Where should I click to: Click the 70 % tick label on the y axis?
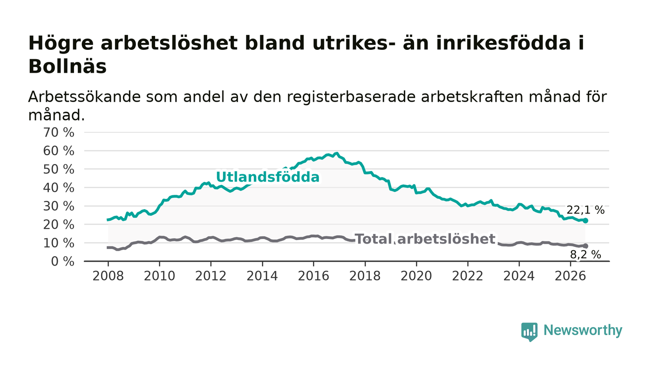click(59, 132)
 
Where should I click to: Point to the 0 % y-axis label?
click(62, 261)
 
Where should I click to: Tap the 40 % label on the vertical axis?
click(59, 188)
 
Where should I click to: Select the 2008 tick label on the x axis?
click(108, 276)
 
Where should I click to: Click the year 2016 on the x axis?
click(313, 276)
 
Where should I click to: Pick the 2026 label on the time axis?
click(570, 276)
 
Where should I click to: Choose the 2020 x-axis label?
click(416, 276)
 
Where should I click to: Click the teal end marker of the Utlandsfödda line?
click(585, 220)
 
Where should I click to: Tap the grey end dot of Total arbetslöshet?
click(585, 246)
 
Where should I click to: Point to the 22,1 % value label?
click(585, 210)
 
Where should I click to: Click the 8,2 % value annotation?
click(585, 254)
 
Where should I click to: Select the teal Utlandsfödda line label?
click(268, 177)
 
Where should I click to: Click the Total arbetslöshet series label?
click(425, 239)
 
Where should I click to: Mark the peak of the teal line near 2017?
click(337, 153)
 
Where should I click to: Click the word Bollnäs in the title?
click(68, 67)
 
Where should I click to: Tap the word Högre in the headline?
click(61, 43)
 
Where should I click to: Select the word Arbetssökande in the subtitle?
click(84, 97)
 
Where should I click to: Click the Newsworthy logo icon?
click(529, 331)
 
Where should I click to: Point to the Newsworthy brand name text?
click(583, 330)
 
